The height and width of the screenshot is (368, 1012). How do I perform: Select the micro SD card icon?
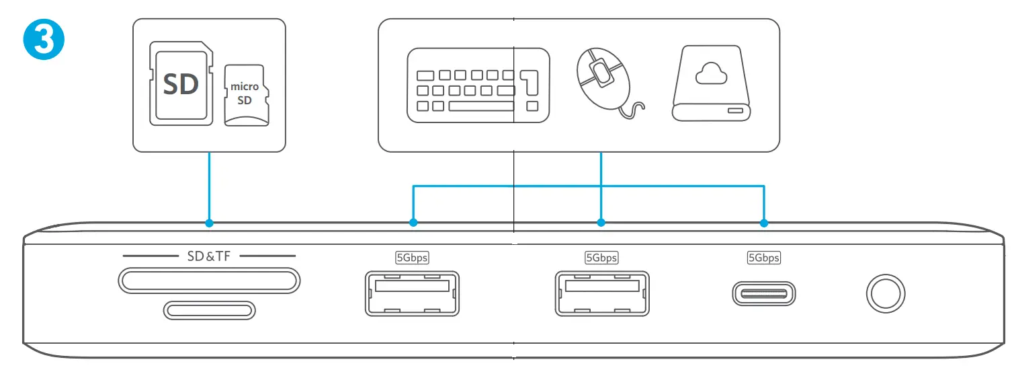(x=245, y=94)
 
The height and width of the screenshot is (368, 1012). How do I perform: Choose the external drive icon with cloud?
(x=712, y=84)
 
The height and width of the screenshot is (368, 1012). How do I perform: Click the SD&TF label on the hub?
(x=209, y=256)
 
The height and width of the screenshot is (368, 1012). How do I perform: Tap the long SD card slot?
(x=209, y=280)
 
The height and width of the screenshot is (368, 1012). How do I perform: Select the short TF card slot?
(x=210, y=310)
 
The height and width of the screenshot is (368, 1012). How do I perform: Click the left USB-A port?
(x=412, y=293)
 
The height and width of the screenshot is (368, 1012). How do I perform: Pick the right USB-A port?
(x=602, y=293)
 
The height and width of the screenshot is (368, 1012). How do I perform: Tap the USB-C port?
(x=764, y=294)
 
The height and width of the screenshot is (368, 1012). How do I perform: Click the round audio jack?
(x=885, y=294)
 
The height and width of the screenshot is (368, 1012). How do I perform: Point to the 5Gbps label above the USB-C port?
(x=764, y=257)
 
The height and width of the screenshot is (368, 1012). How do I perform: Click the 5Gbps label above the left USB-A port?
(x=412, y=257)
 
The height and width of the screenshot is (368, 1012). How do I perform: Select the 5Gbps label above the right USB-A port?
(x=601, y=257)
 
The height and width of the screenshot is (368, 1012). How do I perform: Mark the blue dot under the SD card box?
(x=210, y=222)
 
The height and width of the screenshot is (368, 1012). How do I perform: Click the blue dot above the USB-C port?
(x=764, y=222)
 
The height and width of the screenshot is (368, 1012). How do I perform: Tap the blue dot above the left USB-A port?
(x=413, y=222)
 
